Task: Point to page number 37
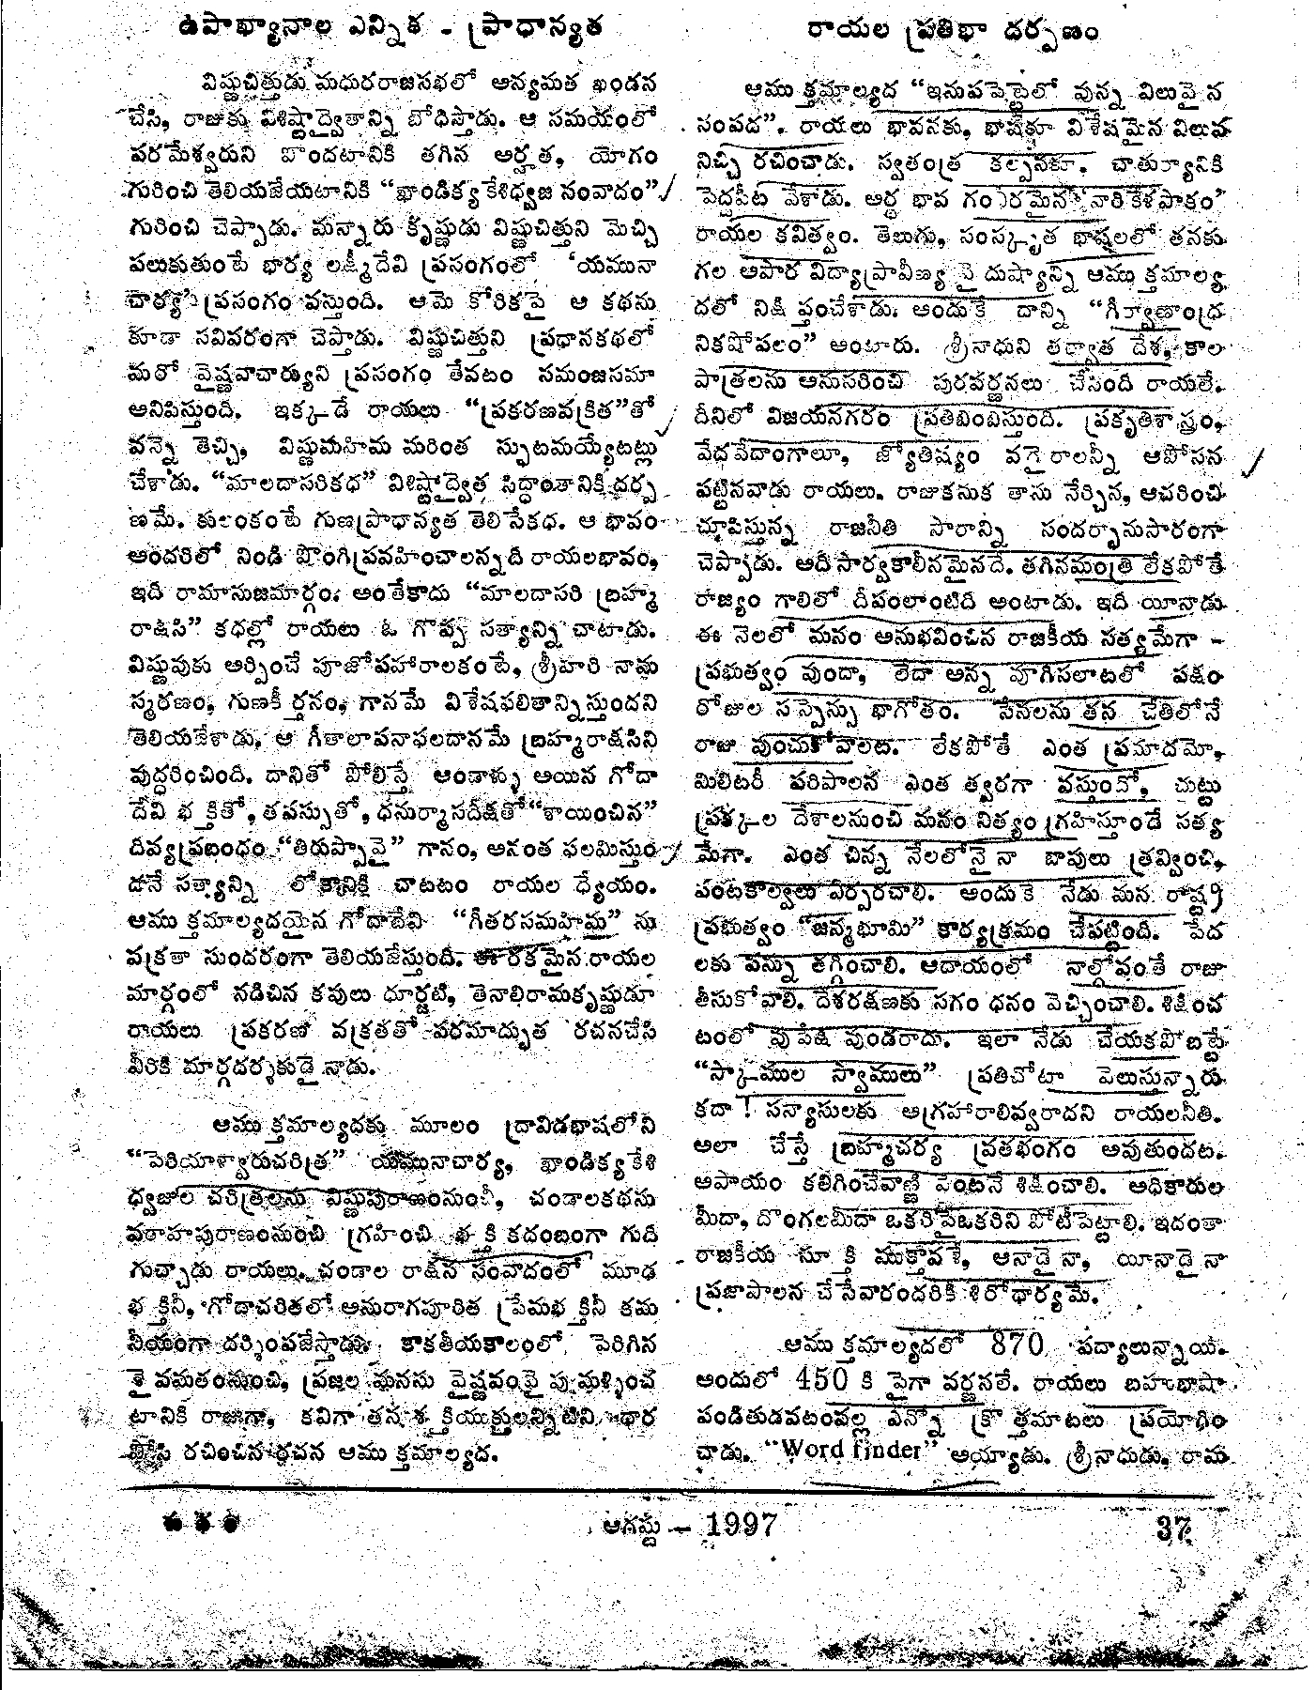1174,1523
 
